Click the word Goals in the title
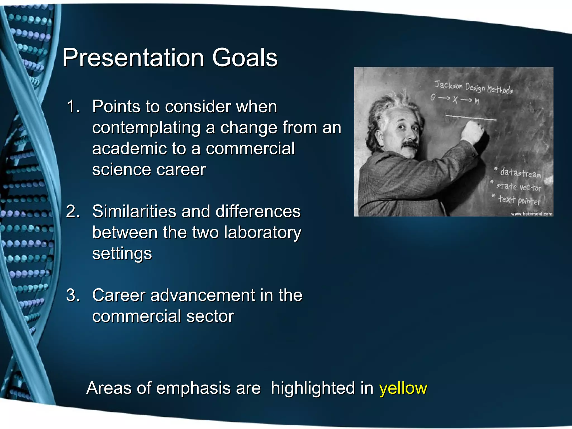(245, 58)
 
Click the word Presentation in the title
(133, 58)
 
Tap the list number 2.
(73, 211)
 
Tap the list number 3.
(73, 295)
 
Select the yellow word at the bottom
(403, 388)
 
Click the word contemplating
(146, 128)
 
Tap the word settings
(122, 254)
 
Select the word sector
(210, 316)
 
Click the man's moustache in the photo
(410, 144)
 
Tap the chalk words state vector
(518, 187)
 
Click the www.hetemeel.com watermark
(532, 214)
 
